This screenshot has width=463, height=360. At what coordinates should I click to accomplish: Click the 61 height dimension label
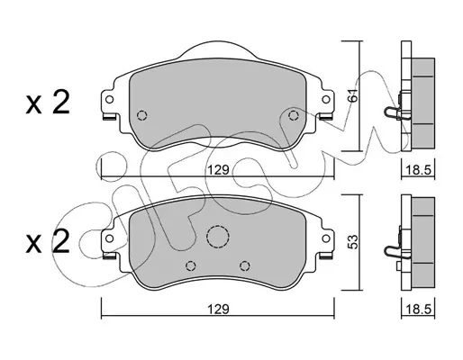pos(354,95)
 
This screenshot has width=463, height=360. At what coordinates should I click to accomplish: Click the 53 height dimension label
pos(354,242)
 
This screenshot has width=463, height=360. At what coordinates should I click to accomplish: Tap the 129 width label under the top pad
pos(219,170)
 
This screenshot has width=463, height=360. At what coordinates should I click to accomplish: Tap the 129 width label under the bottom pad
pos(219,309)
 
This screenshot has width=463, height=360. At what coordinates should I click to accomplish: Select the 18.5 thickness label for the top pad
pos(418,170)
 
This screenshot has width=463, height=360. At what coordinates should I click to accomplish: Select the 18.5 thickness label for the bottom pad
pos(418,309)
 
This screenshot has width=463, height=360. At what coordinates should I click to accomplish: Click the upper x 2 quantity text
pos(48,102)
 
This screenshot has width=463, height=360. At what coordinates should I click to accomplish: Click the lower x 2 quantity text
pos(48,241)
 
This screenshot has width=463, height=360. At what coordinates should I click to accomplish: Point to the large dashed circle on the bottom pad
pos(218,237)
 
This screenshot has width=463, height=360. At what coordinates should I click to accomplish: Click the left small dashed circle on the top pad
pos(141,115)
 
